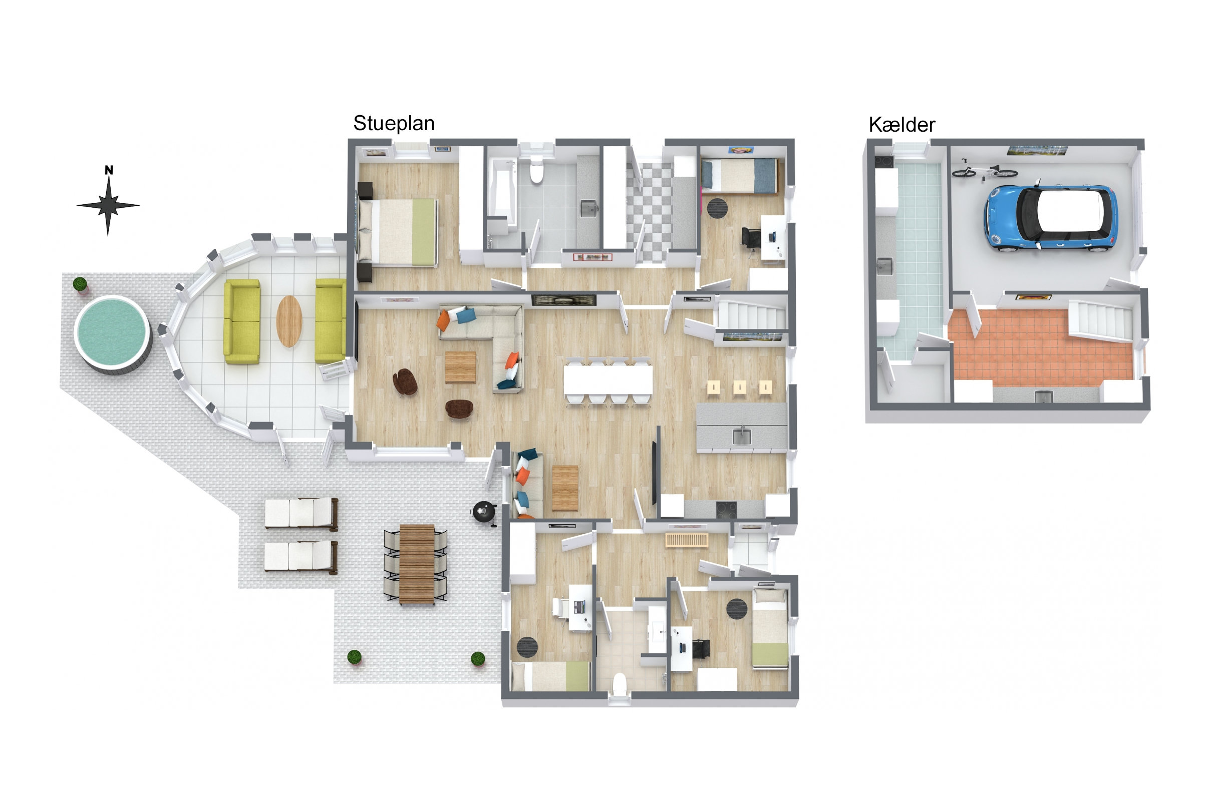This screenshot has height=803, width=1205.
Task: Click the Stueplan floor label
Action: [394, 124]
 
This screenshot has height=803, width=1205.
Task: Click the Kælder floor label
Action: [901, 125]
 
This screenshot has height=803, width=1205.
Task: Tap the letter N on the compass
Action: [109, 170]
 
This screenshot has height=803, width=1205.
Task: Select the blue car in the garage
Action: [1050, 219]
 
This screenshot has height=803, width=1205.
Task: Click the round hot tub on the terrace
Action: [112, 334]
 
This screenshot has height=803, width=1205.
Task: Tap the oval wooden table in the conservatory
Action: [289, 321]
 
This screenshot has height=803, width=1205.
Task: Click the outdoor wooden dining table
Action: [417, 564]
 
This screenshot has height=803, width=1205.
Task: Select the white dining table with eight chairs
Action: [608, 379]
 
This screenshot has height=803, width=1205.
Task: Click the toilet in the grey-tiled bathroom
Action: [536, 170]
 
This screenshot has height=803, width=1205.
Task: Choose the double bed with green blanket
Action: [398, 232]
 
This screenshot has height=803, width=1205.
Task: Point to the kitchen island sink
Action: [741, 437]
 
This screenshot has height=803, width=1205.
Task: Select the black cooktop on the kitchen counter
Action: [726, 510]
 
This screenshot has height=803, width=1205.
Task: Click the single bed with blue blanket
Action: [739, 176]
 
